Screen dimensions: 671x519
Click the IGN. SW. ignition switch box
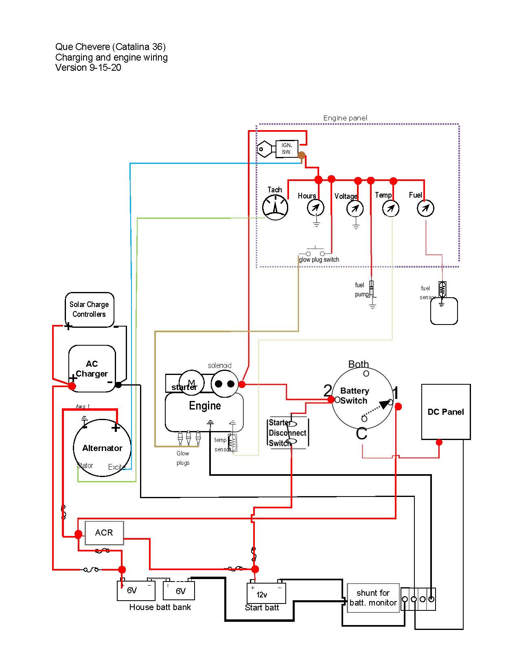[287, 149]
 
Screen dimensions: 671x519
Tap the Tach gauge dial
[275, 207]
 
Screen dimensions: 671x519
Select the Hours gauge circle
[315, 208]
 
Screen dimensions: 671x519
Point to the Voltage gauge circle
[355, 209]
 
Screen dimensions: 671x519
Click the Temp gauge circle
[391, 209]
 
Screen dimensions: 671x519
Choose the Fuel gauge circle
[426, 208]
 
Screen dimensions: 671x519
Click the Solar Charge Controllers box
[89, 309]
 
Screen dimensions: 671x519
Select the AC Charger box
[92, 368]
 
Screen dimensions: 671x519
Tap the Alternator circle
[102, 448]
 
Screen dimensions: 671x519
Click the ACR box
[104, 533]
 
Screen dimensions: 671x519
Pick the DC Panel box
[446, 412]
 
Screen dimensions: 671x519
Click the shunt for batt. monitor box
[373, 598]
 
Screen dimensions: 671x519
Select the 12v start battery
[266, 594]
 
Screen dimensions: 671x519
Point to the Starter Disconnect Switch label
[287, 433]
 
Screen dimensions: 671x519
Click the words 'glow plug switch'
[319, 259]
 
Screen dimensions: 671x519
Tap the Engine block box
[204, 412]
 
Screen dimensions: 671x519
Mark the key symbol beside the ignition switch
[265, 149]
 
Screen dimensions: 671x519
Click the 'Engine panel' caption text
[345, 118]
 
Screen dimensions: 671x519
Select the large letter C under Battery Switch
[361, 434]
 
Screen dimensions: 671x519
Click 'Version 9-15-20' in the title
[88, 68]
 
